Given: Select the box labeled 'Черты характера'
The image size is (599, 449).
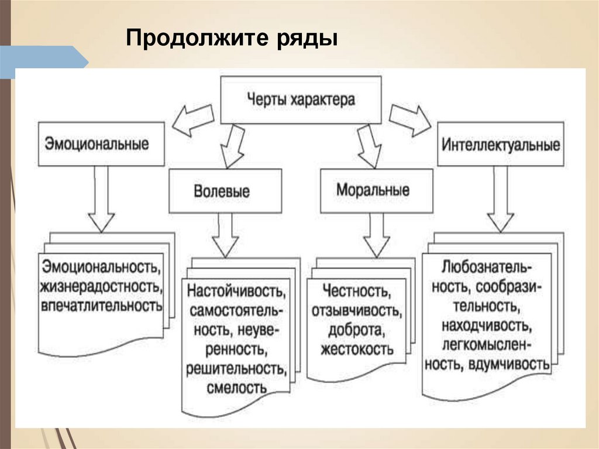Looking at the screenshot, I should point(300,100).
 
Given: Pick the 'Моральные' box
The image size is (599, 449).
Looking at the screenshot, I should point(373,190).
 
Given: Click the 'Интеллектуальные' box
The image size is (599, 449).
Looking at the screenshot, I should point(501,145).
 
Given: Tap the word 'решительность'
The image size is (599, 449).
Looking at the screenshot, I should point(236,369).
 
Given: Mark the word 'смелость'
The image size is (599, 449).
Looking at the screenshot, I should point(236,388).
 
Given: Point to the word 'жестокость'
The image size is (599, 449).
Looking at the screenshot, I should point(357,349).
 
